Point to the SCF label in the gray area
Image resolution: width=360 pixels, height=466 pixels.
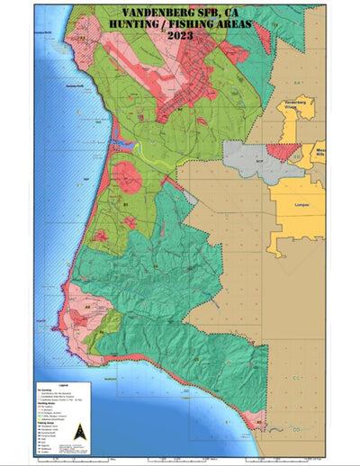258,162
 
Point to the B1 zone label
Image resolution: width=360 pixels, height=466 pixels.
126,205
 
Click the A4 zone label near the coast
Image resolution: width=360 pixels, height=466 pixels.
87,307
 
